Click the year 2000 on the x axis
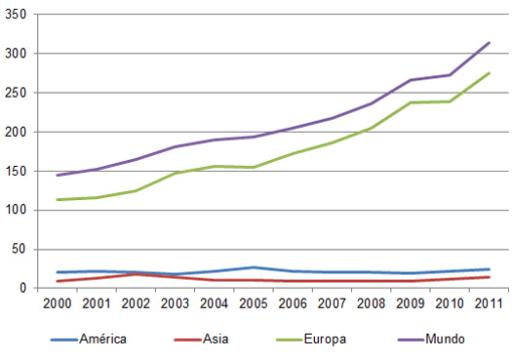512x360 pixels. pos(58,302)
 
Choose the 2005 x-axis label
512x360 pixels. pos(253,302)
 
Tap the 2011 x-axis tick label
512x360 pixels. pos(488,302)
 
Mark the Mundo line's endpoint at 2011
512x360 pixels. pos(489,43)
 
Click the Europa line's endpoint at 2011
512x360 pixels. pos(489,73)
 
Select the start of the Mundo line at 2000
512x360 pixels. pos(58,176)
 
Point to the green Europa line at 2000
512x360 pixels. pos(58,200)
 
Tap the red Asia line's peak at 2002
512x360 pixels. pos(136,274)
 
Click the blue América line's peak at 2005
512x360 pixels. pos(253,267)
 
